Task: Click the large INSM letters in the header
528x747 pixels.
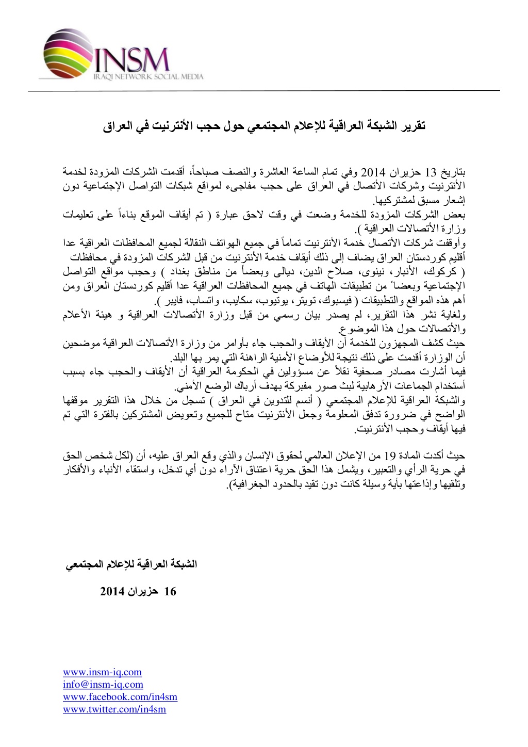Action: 131,60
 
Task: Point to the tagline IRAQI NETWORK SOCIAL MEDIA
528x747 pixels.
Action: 147,77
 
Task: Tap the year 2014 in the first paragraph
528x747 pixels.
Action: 376,171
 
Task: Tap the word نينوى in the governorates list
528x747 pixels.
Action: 367,271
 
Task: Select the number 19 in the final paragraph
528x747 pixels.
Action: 390,456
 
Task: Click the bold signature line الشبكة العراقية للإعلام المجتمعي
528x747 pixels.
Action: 131,564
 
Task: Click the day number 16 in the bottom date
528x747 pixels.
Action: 170,591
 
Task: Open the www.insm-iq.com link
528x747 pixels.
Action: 102,672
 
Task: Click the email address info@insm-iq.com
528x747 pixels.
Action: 103,684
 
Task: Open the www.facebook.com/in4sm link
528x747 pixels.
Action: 120,696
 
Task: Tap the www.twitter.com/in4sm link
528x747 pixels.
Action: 114,709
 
